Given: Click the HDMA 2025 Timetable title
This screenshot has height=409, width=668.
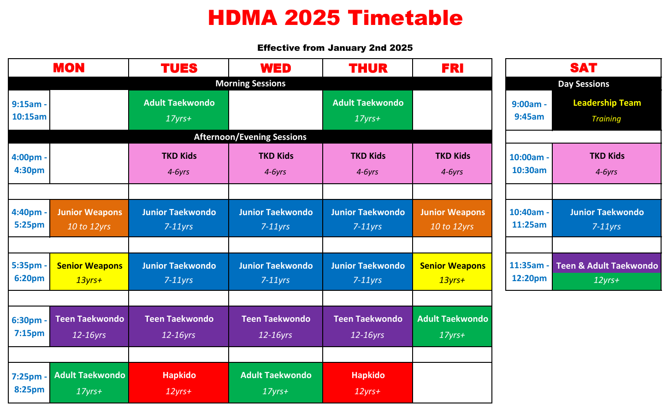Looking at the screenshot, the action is click(335, 18).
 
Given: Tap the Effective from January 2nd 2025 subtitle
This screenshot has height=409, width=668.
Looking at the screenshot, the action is click(335, 48).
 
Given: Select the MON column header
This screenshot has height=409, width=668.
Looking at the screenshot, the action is click(69, 68).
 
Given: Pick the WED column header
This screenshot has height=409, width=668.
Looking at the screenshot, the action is click(276, 68).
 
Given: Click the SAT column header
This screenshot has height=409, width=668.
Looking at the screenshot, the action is click(584, 68).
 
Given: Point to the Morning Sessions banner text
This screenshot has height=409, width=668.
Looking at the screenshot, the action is click(250, 84).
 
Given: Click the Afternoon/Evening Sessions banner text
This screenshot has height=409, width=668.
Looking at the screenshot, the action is click(250, 137).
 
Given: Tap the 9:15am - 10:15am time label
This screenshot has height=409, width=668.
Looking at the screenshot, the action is click(29, 110).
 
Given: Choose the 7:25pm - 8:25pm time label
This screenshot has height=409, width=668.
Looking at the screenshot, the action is click(29, 383).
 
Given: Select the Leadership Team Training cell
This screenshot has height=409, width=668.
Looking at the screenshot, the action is click(607, 110).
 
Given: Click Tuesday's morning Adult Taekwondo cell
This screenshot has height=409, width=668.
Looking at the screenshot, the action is click(178, 110).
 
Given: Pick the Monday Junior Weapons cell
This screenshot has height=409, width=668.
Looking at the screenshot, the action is click(89, 218).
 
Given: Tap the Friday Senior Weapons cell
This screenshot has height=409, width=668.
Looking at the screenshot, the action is click(452, 272).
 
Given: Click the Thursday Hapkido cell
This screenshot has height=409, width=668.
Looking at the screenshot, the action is click(368, 383).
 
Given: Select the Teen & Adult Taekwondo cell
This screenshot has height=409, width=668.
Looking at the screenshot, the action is click(607, 272).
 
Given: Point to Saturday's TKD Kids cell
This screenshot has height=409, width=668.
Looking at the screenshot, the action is click(607, 163).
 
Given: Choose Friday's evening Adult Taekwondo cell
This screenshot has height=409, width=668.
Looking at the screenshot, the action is click(452, 326).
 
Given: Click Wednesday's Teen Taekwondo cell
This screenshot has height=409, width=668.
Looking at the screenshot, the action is click(276, 326).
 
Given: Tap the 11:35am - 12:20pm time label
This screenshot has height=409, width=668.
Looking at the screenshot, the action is click(529, 272).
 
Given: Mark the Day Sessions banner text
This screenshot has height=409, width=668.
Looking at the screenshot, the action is click(584, 84).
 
